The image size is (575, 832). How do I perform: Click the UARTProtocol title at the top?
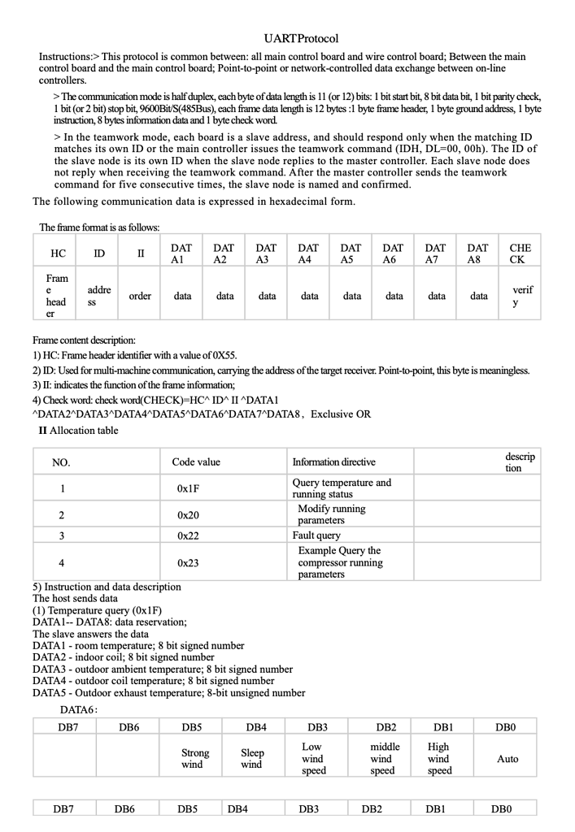click(x=301, y=38)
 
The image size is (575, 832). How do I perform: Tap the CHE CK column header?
click(x=516, y=253)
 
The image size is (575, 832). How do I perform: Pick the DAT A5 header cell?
click(x=351, y=253)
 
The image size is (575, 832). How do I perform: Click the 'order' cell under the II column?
click(x=140, y=297)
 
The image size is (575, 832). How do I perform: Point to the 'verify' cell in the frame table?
click(x=516, y=296)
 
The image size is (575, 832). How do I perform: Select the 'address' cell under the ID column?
click(x=98, y=296)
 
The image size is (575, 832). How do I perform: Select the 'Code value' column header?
click(x=196, y=462)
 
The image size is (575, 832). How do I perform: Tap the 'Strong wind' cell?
click(x=195, y=759)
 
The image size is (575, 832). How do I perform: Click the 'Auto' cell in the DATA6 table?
click(x=507, y=759)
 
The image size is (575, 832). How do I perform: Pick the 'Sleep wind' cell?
click(x=253, y=759)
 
